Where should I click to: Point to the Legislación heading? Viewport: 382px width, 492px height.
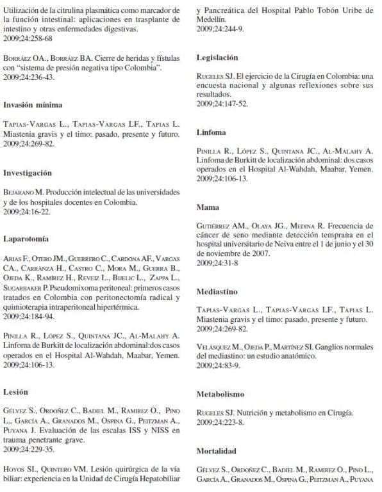tap(217, 57)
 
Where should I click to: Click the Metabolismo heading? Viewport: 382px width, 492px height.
tap(220, 394)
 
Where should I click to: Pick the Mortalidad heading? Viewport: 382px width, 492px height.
tap(217, 450)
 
